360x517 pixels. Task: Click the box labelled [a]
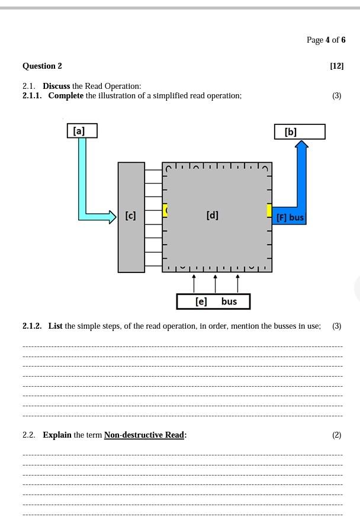pyautogui.click(x=82, y=130)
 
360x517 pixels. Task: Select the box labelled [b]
pyautogui.click(x=300, y=131)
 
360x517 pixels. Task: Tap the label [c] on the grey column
pyautogui.click(x=131, y=216)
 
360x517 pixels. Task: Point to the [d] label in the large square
pyautogui.click(x=213, y=215)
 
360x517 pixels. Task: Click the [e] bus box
pyautogui.click(x=213, y=301)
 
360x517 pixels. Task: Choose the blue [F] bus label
pyautogui.click(x=290, y=217)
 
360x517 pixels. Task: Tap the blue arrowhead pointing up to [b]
pyautogui.click(x=302, y=145)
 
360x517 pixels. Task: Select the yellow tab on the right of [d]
pyautogui.click(x=269, y=210)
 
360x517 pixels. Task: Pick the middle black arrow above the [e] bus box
pyautogui.click(x=215, y=283)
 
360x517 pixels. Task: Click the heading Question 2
pyautogui.click(x=42, y=66)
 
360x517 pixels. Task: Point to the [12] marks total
pyautogui.click(x=336, y=66)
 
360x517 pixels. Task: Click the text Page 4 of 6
pyautogui.click(x=326, y=40)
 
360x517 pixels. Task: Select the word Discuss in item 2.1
pyautogui.click(x=56, y=86)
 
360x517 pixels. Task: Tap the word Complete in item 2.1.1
pyautogui.click(x=66, y=95)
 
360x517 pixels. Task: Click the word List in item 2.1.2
pyautogui.click(x=55, y=326)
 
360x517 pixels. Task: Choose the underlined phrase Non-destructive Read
pyautogui.click(x=144, y=435)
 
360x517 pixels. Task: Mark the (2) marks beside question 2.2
pyautogui.click(x=336, y=435)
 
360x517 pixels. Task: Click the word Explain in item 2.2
pyautogui.click(x=57, y=435)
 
